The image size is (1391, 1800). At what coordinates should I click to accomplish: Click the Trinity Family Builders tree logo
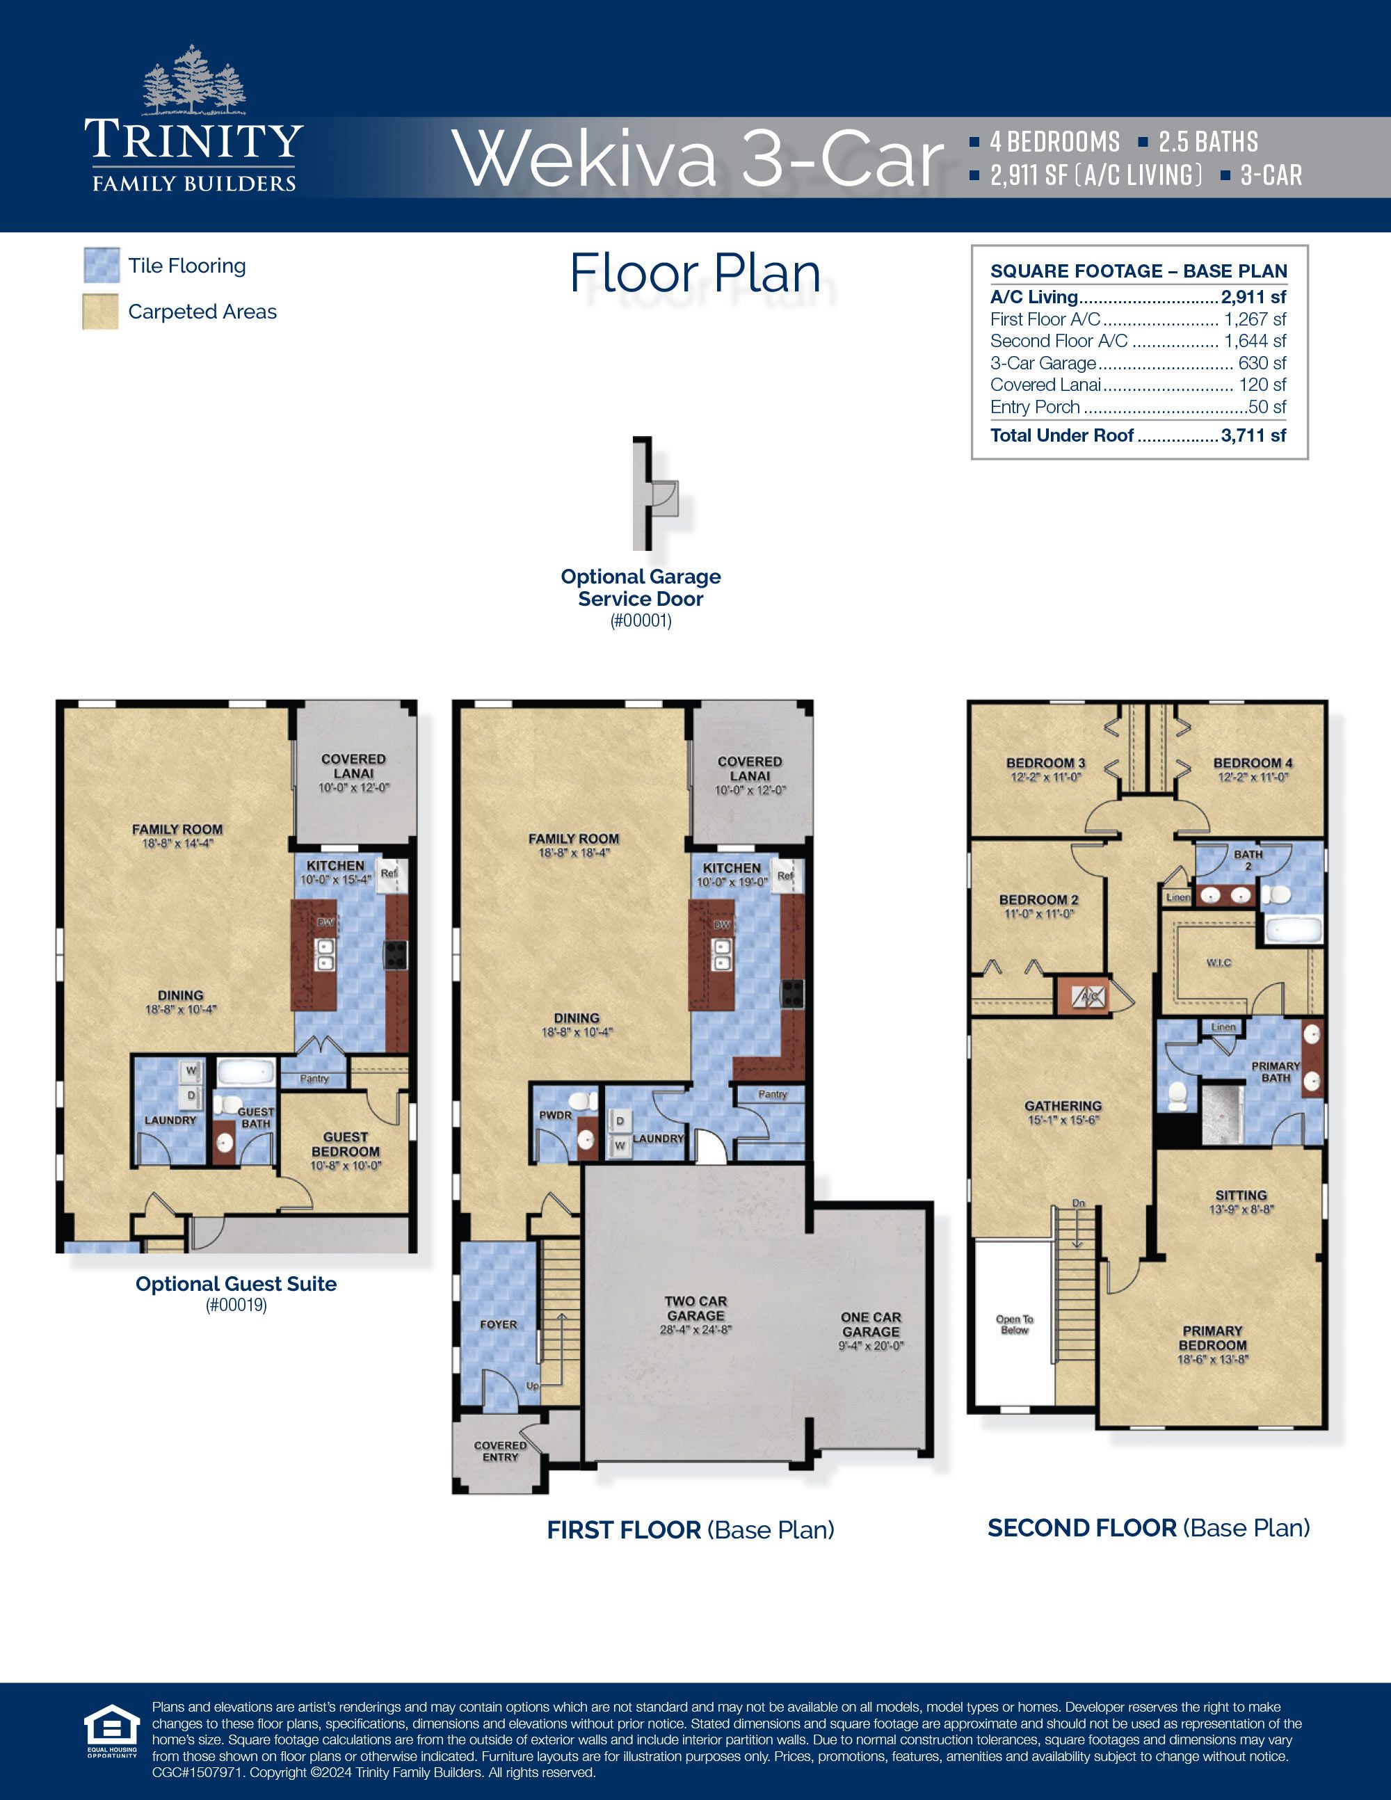click(x=195, y=80)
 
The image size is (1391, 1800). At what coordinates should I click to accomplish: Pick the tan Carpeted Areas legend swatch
click(x=101, y=312)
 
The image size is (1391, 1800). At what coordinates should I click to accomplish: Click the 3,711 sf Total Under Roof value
click(x=1253, y=435)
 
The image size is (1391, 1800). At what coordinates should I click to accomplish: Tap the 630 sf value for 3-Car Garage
click(x=1262, y=362)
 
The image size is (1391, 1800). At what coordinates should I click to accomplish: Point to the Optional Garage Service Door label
click(x=641, y=588)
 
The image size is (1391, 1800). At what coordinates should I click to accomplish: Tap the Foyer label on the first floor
click(x=499, y=1324)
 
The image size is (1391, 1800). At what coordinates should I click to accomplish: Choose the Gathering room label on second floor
click(x=1063, y=1106)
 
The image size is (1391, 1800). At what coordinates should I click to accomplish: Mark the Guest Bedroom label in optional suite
click(x=345, y=1144)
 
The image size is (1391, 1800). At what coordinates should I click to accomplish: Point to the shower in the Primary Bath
click(x=1222, y=1115)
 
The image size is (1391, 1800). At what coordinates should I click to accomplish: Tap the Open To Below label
click(x=1015, y=1324)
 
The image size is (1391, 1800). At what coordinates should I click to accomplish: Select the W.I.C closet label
click(x=1218, y=963)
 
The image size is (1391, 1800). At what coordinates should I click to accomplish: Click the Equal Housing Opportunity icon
click(x=112, y=1730)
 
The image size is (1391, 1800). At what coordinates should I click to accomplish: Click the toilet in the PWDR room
click(x=584, y=1101)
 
